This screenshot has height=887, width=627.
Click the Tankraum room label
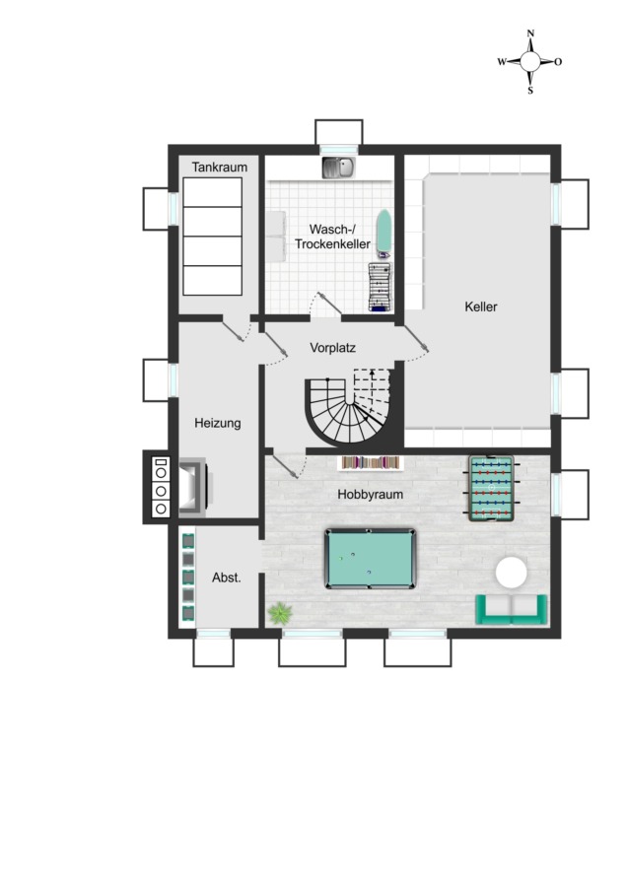pyautogui.click(x=220, y=167)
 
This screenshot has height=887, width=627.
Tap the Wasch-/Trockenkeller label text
pyautogui.click(x=333, y=237)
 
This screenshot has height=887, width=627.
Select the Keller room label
pyautogui.click(x=481, y=307)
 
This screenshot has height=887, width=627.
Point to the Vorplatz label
pyautogui.click(x=333, y=347)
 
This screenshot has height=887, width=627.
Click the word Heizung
pyautogui.click(x=218, y=423)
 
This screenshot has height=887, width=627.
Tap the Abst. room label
pyautogui.click(x=227, y=578)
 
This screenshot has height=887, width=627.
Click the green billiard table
pyautogui.click(x=370, y=559)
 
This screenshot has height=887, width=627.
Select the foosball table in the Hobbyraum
pyautogui.click(x=491, y=488)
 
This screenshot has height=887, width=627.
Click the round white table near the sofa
pyautogui.click(x=512, y=572)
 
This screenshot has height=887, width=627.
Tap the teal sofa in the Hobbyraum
pyautogui.click(x=512, y=609)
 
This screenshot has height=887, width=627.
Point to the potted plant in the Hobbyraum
pyautogui.click(x=280, y=613)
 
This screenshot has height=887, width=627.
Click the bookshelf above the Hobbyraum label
pyautogui.click(x=371, y=463)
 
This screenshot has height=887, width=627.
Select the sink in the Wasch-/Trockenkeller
pyautogui.click(x=339, y=168)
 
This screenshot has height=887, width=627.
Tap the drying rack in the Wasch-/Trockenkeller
pyautogui.click(x=381, y=286)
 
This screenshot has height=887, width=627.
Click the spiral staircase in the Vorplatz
pyautogui.click(x=350, y=406)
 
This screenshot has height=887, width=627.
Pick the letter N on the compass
pyautogui.click(x=530, y=34)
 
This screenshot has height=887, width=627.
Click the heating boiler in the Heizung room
pyautogui.click(x=193, y=488)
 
